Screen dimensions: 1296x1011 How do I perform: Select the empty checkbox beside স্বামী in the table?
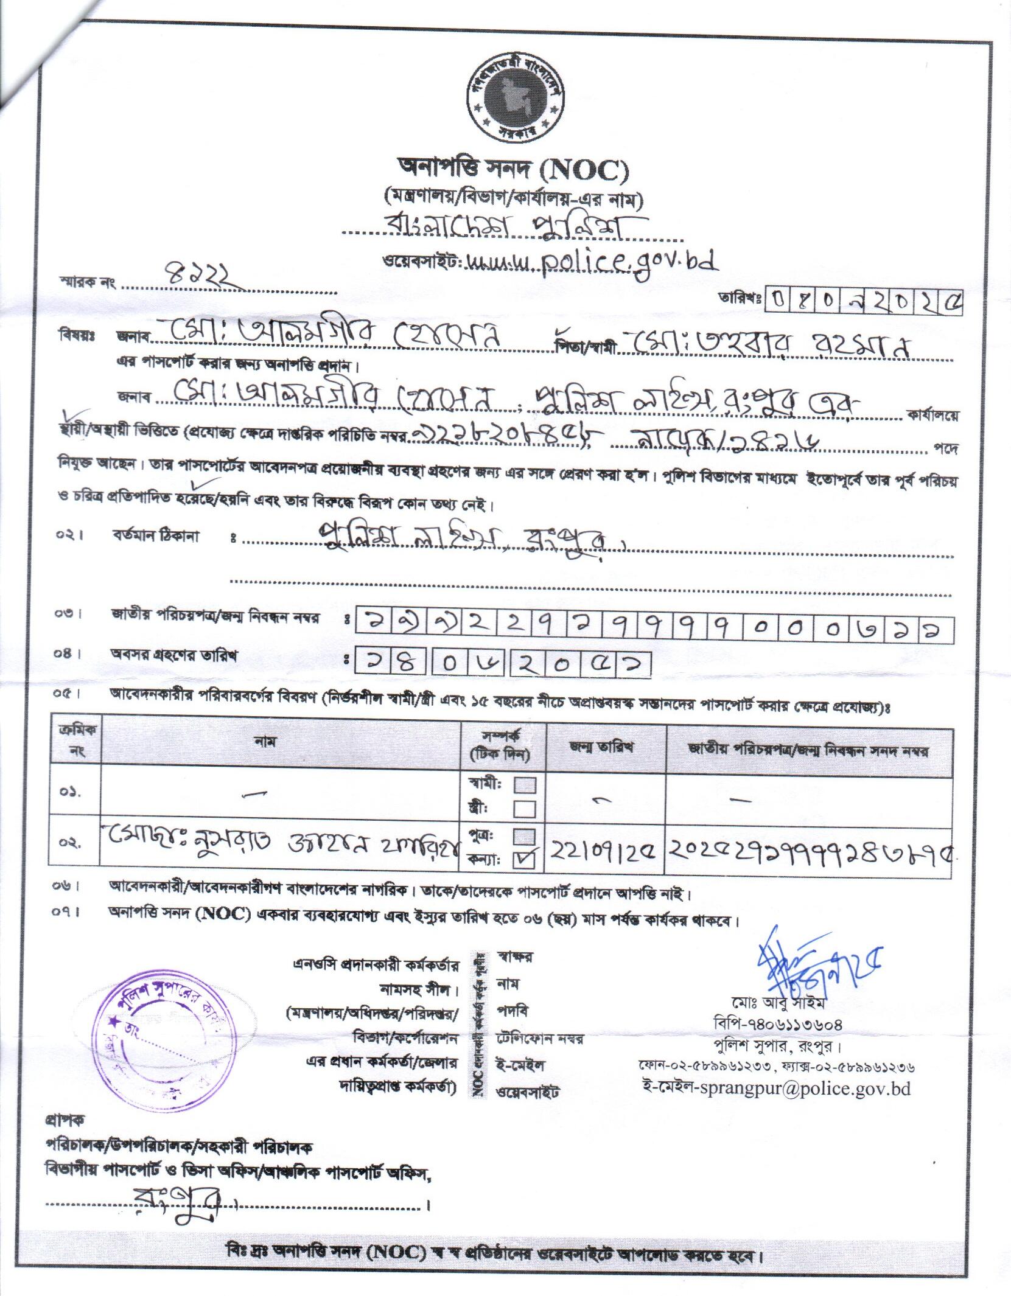pos(524,785)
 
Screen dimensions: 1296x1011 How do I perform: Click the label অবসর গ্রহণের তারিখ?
pos(173,655)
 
